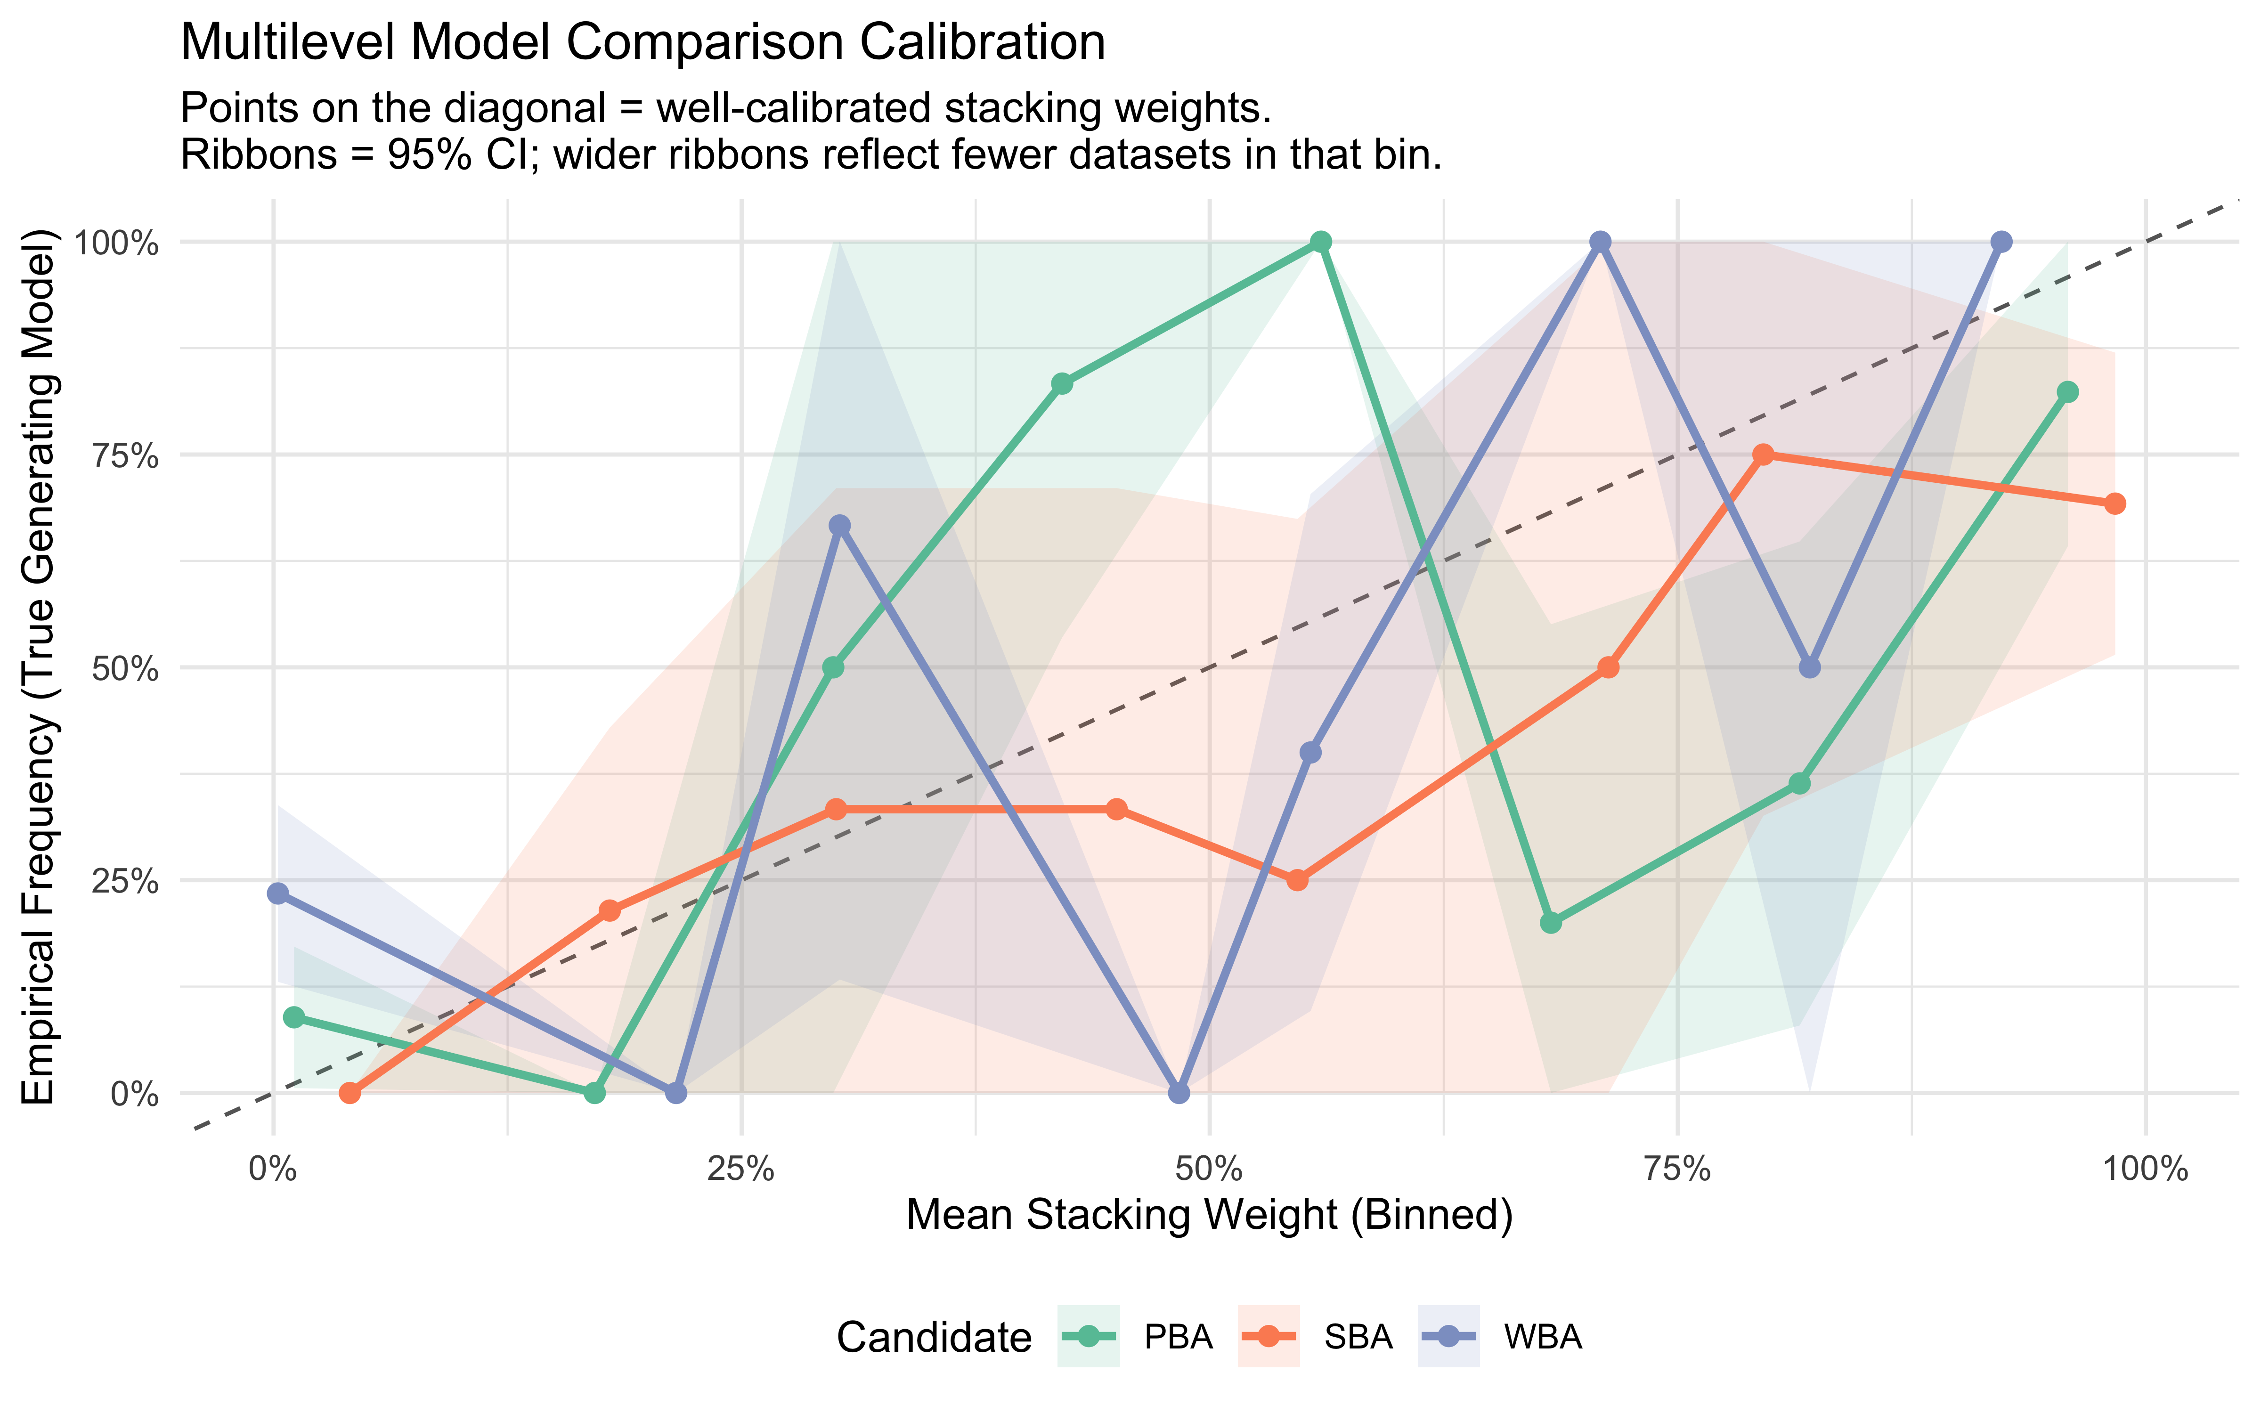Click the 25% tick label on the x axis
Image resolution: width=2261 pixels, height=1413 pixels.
(741, 1169)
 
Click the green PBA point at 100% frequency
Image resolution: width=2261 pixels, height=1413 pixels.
(1320, 242)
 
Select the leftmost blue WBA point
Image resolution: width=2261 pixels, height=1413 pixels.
(277, 893)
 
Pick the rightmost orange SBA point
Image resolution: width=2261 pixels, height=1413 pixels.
(2115, 503)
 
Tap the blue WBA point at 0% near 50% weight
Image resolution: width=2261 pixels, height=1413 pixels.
(1179, 1092)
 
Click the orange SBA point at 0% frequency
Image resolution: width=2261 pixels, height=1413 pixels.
(350, 1092)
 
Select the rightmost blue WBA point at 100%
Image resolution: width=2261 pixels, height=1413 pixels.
(2001, 242)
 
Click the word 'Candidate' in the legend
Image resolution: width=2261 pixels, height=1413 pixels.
(933, 1337)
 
